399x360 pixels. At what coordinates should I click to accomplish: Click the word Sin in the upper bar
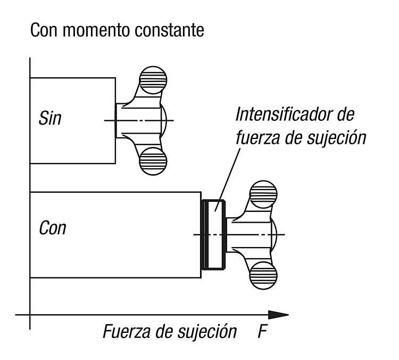(x=50, y=118)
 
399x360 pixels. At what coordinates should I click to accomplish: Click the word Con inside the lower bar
(x=53, y=228)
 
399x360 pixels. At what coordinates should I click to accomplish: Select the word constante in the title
(x=170, y=30)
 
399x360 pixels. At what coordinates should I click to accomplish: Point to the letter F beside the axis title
(x=262, y=331)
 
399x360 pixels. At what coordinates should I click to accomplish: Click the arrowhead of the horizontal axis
(x=278, y=315)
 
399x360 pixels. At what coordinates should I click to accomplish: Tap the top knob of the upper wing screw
(x=153, y=80)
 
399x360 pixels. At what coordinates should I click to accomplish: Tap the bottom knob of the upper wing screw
(x=153, y=161)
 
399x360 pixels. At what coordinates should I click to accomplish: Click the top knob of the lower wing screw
(x=263, y=194)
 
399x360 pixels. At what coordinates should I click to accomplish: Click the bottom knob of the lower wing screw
(x=263, y=275)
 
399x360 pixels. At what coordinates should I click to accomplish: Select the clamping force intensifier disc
(x=213, y=235)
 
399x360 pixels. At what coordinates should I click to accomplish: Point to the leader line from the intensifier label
(x=228, y=180)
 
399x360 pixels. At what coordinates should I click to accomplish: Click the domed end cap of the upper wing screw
(x=164, y=120)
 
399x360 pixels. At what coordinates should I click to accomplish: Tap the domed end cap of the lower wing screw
(x=274, y=234)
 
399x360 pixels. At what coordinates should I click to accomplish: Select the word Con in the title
(x=44, y=30)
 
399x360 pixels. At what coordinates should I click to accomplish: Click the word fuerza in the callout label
(x=257, y=138)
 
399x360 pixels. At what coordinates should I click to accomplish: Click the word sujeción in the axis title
(x=207, y=332)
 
